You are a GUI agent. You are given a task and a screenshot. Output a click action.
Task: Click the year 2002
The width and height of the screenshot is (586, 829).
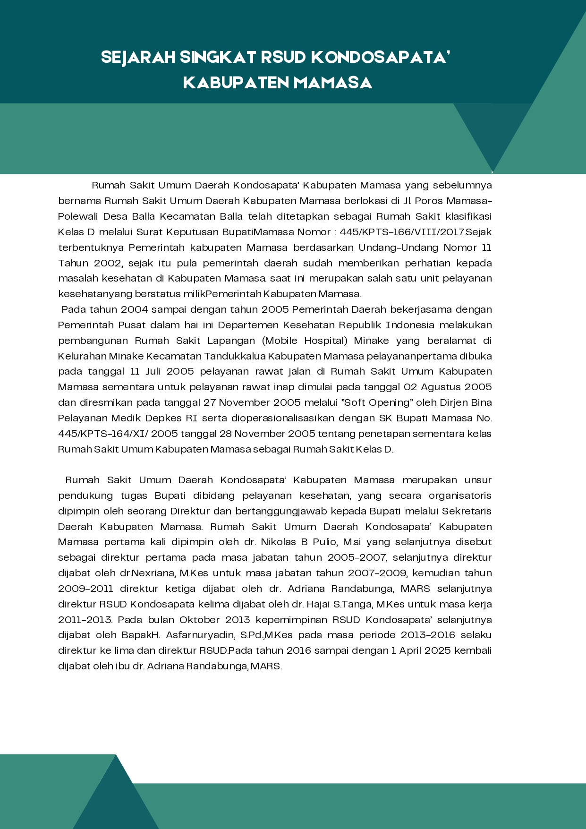[108, 263]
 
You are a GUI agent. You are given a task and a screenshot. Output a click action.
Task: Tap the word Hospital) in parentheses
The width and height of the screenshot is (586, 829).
[326, 341]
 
